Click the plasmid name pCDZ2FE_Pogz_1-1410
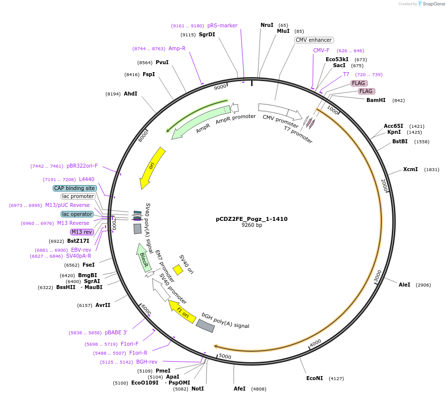pyautogui.click(x=252, y=219)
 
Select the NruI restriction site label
pyautogui.click(x=267, y=25)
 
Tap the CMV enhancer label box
pyautogui.click(x=313, y=40)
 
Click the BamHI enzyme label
pyautogui.click(x=376, y=100)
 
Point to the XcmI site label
pyautogui.click(x=411, y=169)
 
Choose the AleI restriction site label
pyautogui.click(x=404, y=285)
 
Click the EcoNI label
pyautogui.click(x=315, y=378)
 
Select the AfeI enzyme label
pyautogui.click(x=240, y=389)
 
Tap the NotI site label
pyautogui.click(x=198, y=389)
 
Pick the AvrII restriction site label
pyautogui.click(x=103, y=305)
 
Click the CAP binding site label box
pyautogui.click(x=75, y=188)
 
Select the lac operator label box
pyautogui.click(x=77, y=214)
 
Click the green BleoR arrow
pyautogui.click(x=143, y=257)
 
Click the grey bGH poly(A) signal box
pyautogui.click(x=205, y=325)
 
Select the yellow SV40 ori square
pyautogui.click(x=178, y=270)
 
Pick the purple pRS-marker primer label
pyautogui.click(x=222, y=25)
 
